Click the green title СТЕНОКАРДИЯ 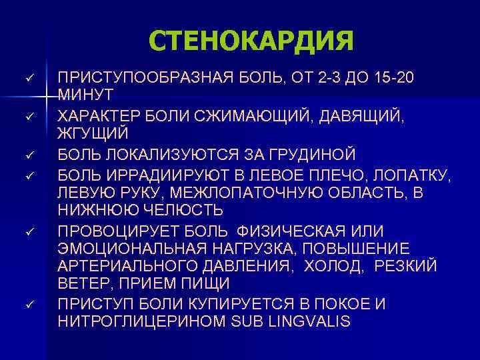pos(251,41)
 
